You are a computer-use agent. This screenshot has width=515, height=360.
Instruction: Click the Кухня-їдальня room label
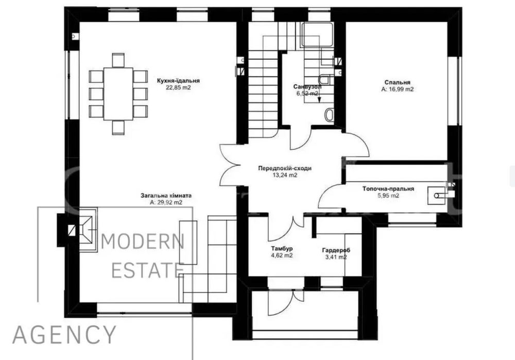(x=178, y=81)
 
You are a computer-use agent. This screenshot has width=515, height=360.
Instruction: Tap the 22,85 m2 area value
(x=178, y=88)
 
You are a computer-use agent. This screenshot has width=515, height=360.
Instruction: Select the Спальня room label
(x=398, y=82)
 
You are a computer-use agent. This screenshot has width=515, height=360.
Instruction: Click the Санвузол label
(x=307, y=87)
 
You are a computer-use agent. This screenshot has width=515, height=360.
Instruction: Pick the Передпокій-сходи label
(x=285, y=168)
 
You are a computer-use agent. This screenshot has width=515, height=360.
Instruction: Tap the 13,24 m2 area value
(x=285, y=175)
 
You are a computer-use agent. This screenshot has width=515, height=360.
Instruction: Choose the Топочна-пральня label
(x=388, y=189)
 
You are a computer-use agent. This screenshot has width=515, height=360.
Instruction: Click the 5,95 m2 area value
(x=388, y=196)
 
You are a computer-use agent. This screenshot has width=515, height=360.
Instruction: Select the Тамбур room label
(x=282, y=248)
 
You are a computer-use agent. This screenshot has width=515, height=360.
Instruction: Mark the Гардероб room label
(x=336, y=250)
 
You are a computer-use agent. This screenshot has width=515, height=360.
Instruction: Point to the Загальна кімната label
(x=166, y=196)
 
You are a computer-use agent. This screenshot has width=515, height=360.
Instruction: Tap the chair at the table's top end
(x=118, y=60)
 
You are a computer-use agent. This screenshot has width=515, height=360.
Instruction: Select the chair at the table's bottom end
(x=118, y=127)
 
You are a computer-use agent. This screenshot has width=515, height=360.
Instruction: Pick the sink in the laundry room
(x=437, y=196)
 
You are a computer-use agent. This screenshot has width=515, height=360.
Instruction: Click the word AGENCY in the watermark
(x=64, y=334)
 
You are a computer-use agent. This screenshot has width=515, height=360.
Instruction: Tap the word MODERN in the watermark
(x=142, y=242)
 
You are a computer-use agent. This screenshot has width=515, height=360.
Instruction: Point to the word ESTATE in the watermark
(x=147, y=270)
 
